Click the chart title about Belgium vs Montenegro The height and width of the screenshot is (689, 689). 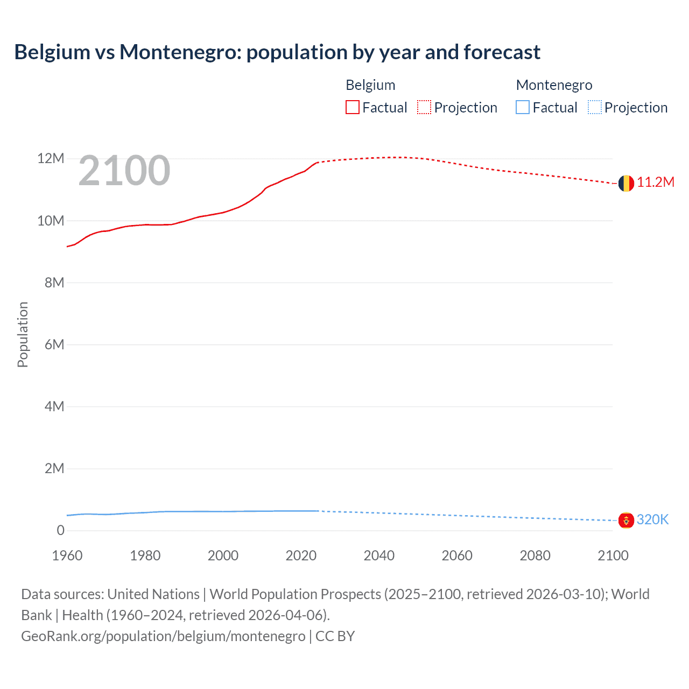(x=277, y=52)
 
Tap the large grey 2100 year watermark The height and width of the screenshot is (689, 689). (x=124, y=171)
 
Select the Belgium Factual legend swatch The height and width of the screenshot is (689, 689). (x=353, y=108)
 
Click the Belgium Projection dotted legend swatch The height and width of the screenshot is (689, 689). (x=424, y=108)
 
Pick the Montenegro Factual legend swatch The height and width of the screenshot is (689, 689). (x=523, y=108)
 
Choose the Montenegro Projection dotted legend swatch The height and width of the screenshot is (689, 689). (x=595, y=108)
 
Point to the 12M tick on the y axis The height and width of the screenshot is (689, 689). (x=51, y=159)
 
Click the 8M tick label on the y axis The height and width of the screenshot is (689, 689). (x=54, y=283)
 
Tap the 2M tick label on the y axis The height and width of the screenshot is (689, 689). (x=54, y=468)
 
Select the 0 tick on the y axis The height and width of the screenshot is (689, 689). (x=60, y=530)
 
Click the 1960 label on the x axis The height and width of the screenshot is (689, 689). (x=67, y=556)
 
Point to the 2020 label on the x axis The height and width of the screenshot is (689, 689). (x=301, y=556)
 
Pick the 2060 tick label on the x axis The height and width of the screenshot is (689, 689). (x=457, y=556)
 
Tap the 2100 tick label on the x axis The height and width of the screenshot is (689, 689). (x=613, y=556)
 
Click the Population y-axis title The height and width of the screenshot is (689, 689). (x=23, y=334)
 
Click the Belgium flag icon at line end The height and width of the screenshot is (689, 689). (x=626, y=183)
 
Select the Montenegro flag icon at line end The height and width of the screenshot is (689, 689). (x=626, y=520)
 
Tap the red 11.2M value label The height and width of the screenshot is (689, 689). (x=656, y=182)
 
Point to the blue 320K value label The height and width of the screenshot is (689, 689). (x=652, y=519)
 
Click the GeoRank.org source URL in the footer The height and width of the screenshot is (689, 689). (x=163, y=636)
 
